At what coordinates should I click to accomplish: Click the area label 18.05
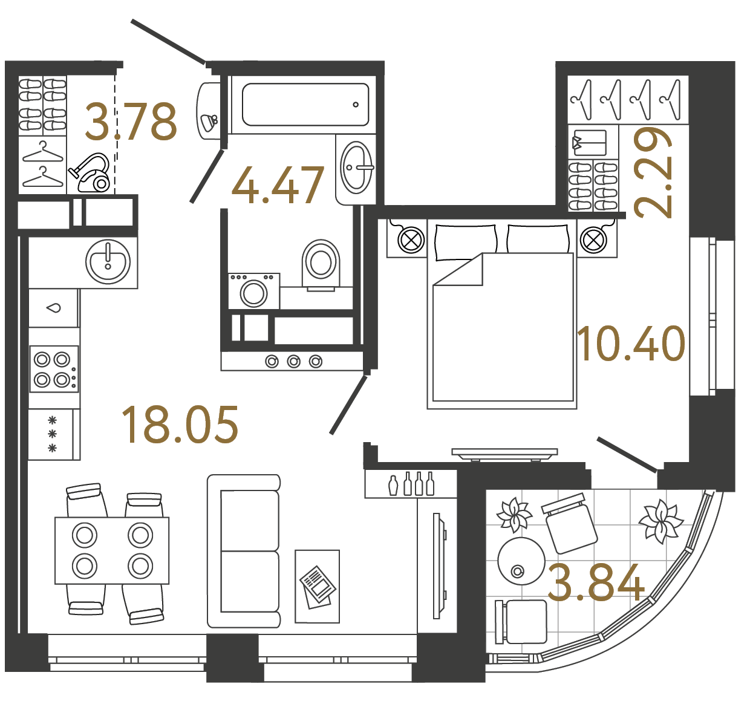180,424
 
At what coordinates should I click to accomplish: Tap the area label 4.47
278,185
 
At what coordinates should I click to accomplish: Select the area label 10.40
631,344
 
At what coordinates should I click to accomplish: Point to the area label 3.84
596,582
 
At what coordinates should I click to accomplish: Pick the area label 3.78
131,122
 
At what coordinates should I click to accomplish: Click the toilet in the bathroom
321,264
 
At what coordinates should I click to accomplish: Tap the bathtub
305,105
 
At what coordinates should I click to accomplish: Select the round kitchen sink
108,262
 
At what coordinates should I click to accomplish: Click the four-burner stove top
54,369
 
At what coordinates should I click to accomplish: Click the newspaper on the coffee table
318,586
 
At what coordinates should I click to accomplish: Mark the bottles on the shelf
412,484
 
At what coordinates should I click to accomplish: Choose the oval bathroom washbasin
356,168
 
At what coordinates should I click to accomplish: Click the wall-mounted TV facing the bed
504,453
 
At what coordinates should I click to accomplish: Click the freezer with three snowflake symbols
53,434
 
